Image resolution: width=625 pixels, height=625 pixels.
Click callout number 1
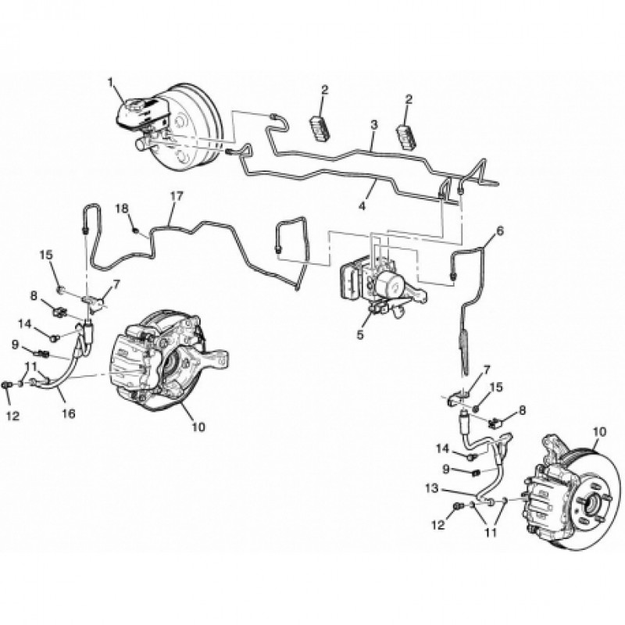point(111,81)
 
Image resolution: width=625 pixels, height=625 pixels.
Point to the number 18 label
point(122,208)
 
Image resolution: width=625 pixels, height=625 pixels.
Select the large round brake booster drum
point(187,125)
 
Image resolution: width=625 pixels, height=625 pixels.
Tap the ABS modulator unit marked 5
point(367,277)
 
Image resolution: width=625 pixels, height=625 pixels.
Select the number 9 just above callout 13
point(448,469)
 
